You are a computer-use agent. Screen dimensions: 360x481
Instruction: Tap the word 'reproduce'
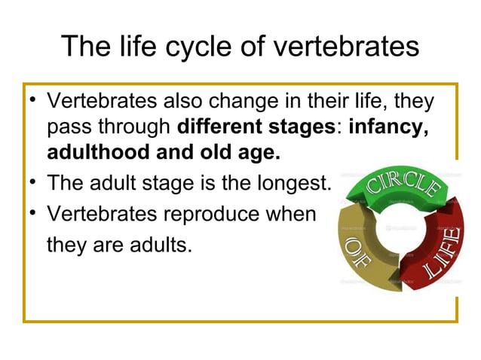pyautogui.click(x=212, y=213)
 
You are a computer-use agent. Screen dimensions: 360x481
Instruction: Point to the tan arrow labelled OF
pyautogui.click(x=360, y=252)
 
